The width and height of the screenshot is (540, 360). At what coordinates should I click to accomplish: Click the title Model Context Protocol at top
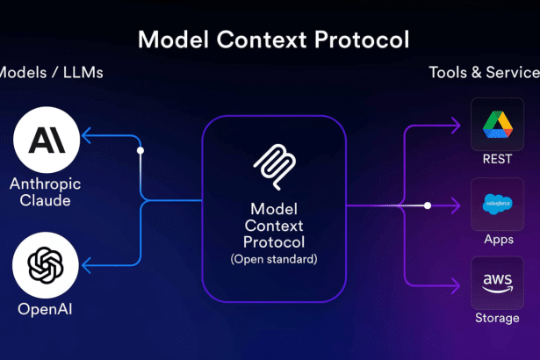pos(274,40)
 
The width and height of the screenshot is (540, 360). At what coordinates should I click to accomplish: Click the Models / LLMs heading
pos(51,72)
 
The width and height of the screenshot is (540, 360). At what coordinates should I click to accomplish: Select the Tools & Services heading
pos(484,72)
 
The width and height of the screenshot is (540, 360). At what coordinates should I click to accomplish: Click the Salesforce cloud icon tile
pos(497,204)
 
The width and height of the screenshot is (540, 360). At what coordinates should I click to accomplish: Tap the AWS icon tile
pos(497,283)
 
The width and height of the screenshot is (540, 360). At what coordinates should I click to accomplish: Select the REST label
pos(497,159)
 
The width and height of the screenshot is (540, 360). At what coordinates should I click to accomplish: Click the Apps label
pos(497,238)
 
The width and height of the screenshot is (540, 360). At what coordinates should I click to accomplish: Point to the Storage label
pos(497,318)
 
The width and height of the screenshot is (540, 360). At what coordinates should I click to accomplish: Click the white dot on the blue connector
pos(140,150)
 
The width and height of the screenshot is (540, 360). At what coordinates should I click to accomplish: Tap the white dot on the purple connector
pos(428,205)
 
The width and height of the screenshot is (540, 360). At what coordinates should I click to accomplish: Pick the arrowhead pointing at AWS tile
pos(455,284)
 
